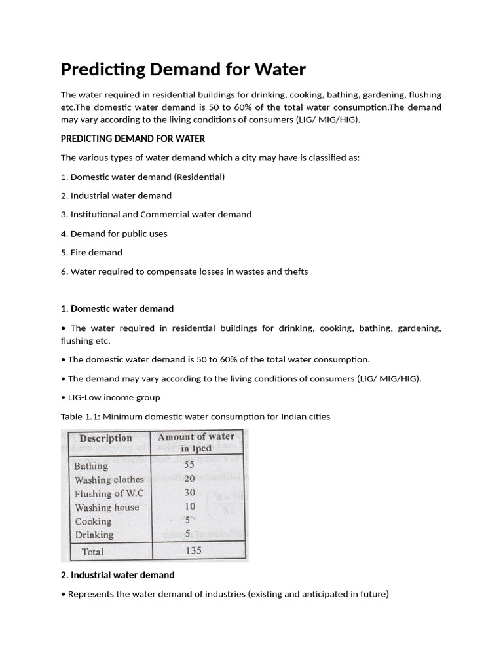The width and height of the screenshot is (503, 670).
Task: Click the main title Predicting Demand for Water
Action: (x=183, y=69)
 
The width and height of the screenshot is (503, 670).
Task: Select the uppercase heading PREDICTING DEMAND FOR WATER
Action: (x=133, y=139)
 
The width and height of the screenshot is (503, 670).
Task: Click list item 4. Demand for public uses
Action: (x=114, y=234)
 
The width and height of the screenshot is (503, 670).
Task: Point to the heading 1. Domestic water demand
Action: (x=117, y=309)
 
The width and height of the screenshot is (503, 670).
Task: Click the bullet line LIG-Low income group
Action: (x=111, y=397)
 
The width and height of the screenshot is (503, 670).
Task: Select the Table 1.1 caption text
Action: (x=195, y=416)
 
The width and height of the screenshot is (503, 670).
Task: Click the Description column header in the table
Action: (x=105, y=438)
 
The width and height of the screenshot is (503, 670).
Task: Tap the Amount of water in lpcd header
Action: (x=196, y=442)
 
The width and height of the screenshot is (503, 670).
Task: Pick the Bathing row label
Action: (x=91, y=466)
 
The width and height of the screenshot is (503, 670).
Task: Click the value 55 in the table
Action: (x=190, y=465)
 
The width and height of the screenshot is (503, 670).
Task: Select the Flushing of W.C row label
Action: (x=109, y=493)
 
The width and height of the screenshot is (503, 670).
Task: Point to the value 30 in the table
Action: (x=190, y=492)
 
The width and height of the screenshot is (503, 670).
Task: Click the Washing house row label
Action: (x=107, y=507)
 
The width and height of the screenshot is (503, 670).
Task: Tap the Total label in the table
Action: (x=92, y=552)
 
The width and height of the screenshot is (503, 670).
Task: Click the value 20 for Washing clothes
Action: (x=190, y=478)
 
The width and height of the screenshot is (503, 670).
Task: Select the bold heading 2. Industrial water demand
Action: (x=118, y=575)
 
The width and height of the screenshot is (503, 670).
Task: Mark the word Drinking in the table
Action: (x=94, y=535)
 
